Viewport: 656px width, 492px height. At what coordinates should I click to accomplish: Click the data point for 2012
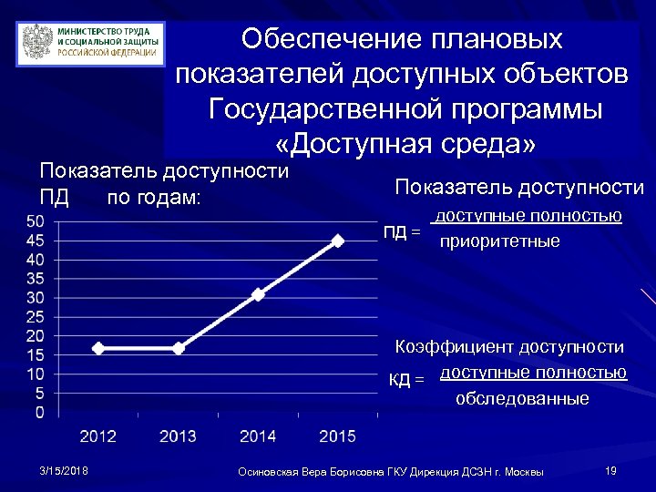(98, 348)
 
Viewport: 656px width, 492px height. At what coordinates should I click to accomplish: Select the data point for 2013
(179, 348)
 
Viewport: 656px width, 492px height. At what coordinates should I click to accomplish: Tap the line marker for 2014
(259, 294)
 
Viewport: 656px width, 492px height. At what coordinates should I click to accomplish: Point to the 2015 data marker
(338, 241)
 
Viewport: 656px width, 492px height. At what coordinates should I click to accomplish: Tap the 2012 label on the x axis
(98, 436)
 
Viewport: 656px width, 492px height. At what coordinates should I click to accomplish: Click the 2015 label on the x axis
(338, 436)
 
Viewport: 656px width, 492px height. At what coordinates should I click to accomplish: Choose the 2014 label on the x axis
(259, 436)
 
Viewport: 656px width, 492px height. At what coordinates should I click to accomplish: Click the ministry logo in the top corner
(91, 43)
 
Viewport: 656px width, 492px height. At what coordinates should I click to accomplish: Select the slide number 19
(610, 470)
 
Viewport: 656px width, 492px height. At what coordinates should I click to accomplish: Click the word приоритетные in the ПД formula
(499, 243)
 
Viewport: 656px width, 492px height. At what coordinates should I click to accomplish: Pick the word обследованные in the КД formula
(522, 399)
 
